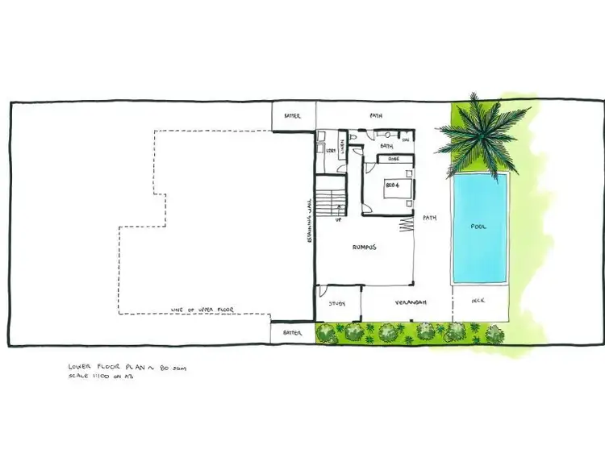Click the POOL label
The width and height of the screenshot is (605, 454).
(478, 227)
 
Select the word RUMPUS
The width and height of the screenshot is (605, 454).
(365, 248)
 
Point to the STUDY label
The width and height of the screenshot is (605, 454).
(336, 303)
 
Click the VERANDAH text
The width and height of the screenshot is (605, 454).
(410, 303)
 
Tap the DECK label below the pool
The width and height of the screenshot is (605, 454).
(478, 303)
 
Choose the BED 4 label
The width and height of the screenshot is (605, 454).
(394, 185)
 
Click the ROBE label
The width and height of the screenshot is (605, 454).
(394, 159)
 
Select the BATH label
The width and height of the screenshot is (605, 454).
(386, 146)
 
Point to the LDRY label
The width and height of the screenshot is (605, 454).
(331, 149)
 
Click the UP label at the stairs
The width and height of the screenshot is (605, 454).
(338, 218)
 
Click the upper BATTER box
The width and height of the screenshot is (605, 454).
(292, 116)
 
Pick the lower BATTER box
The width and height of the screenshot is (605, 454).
(292, 331)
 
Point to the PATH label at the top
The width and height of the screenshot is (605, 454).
(376, 115)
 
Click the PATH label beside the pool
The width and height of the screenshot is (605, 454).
(430, 217)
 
